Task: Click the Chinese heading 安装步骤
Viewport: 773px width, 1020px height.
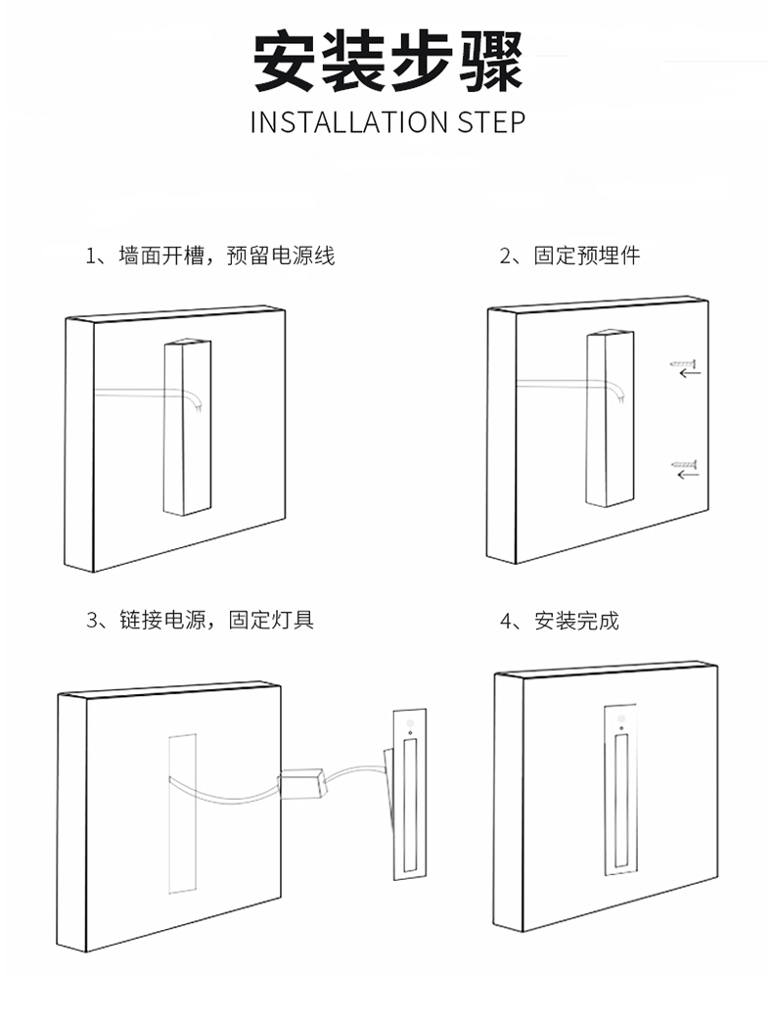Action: click(x=387, y=62)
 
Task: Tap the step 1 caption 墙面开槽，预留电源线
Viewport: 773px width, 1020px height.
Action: click(x=210, y=256)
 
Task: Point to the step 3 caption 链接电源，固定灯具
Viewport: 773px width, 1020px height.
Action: click(x=201, y=620)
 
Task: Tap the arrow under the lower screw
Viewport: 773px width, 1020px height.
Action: click(x=689, y=475)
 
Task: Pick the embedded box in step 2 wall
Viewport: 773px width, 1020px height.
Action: click(x=609, y=419)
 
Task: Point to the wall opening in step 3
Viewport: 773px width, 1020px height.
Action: click(x=182, y=812)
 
